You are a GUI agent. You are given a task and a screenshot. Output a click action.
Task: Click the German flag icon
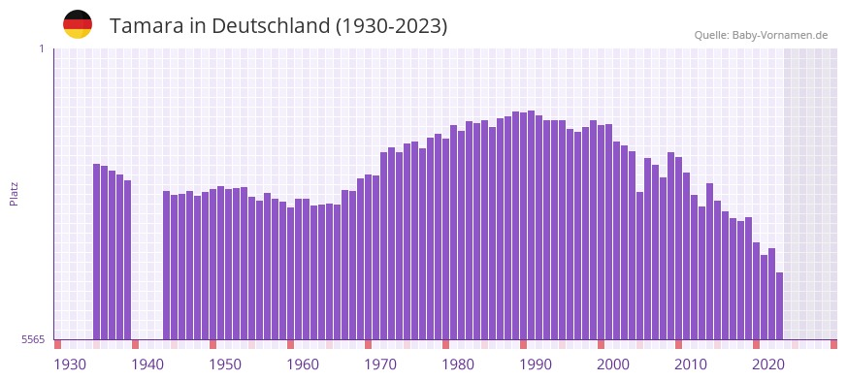[x=78, y=24]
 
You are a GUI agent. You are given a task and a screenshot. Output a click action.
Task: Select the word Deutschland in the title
[x=269, y=26]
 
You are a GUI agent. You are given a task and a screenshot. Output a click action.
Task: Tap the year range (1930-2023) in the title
[x=391, y=26]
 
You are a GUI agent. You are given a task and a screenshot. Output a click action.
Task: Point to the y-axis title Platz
[x=14, y=194]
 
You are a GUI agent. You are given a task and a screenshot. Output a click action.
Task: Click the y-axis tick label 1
[x=41, y=48]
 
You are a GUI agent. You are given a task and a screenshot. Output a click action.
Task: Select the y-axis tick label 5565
[x=33, y=339]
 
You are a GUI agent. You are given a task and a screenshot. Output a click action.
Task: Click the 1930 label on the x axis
[x=70, y=364]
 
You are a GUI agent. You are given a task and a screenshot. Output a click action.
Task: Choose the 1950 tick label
[x=225, y=364]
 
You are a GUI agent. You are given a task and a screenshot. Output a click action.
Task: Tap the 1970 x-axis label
[x=380, y=364]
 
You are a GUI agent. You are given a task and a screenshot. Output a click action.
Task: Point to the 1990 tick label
[x=536, y=364]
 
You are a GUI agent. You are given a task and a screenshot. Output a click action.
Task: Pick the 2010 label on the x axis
[x=691, y=364]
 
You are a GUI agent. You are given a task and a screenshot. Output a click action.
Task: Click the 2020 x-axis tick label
[x=768, y=364]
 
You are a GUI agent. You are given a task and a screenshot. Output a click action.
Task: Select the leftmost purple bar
[x=97, y=252]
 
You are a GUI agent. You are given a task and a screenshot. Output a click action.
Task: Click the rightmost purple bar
[x=779, y=305]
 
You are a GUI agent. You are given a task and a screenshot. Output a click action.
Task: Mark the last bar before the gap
[x=127, y=260]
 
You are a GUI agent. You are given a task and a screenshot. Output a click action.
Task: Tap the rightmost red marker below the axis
[x=833, y=344]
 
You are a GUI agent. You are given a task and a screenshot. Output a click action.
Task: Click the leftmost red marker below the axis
[x=57, y=344]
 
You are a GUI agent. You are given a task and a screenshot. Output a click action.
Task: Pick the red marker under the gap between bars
[x=135, y=344]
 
